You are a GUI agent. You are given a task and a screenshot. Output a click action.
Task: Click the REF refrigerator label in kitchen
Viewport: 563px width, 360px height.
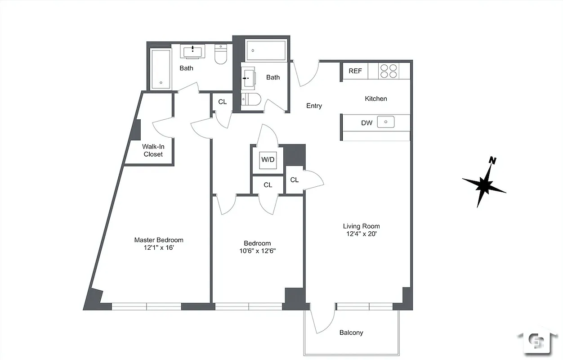pyautogui.click(x=355, y=71)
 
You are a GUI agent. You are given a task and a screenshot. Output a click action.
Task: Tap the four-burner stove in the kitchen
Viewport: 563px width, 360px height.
pyautogui.click(x=389, y=71)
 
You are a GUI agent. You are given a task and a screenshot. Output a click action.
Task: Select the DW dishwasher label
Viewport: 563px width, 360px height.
pyautogui.click(x=366, y=122)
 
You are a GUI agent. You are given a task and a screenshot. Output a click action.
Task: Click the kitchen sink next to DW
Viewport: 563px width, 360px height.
pyautogui.click(x=385, y=122)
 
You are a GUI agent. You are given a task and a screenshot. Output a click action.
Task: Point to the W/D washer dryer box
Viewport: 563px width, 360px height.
pyautogui.click(x=268, y=160)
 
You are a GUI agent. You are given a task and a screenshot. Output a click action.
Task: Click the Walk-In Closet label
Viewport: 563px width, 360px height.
pyautogui.click(x=153, y=150)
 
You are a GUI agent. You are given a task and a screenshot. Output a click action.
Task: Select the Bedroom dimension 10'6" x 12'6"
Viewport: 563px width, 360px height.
pyautogui.click(x=257, y=251)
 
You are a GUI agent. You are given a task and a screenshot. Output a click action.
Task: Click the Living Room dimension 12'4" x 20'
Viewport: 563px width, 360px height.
pyautogui.click(x=362, y=234)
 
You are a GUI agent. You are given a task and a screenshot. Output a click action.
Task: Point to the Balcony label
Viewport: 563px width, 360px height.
pyautogui.click(x=351, y=333)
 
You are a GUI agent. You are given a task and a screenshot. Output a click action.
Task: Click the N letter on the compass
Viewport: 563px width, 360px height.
pyautogui.click(x=493, y=161)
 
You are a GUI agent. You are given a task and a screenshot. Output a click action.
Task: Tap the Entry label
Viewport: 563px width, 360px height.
pyautogui.click(x=314, y=106)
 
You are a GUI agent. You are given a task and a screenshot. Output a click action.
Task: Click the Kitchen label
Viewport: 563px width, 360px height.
pyautogui.click(x=375, y=99)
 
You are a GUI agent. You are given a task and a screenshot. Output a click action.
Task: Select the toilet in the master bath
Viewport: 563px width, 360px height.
pyautogui.click(x=221, y=54)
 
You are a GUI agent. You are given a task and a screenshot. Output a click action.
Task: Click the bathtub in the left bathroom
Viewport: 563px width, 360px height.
pyautogui.click(x=161, y=68)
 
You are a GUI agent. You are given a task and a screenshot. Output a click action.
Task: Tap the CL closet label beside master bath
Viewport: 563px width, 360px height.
pyautogui.click(x=222, y=102)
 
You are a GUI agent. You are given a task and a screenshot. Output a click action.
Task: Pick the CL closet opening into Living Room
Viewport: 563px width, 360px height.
pyautogui.click(x=295, y=180)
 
